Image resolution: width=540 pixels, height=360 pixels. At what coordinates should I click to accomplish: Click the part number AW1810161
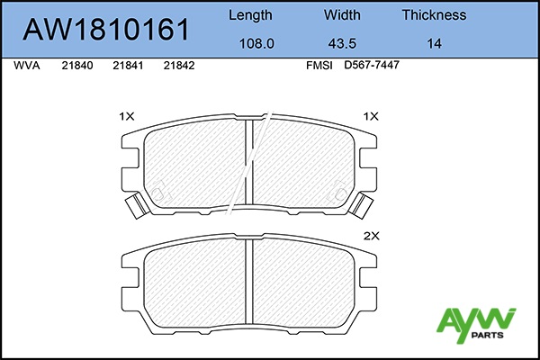(106, 30)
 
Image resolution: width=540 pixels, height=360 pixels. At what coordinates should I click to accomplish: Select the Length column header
(250, 15)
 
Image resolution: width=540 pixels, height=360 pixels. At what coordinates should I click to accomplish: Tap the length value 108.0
(256, 44)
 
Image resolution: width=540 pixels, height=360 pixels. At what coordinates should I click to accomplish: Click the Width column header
(342, 15)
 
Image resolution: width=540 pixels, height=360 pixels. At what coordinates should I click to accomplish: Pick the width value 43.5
(342, 44)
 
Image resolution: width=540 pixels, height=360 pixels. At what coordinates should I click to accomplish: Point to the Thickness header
(434, 15)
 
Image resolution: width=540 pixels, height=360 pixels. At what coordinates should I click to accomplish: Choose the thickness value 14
(434, 44)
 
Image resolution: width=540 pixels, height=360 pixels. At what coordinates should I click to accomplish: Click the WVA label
(26, 66)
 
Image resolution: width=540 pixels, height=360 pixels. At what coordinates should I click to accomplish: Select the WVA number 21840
(77, 66)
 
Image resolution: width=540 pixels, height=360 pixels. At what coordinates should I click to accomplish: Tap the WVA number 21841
(128, 66)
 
